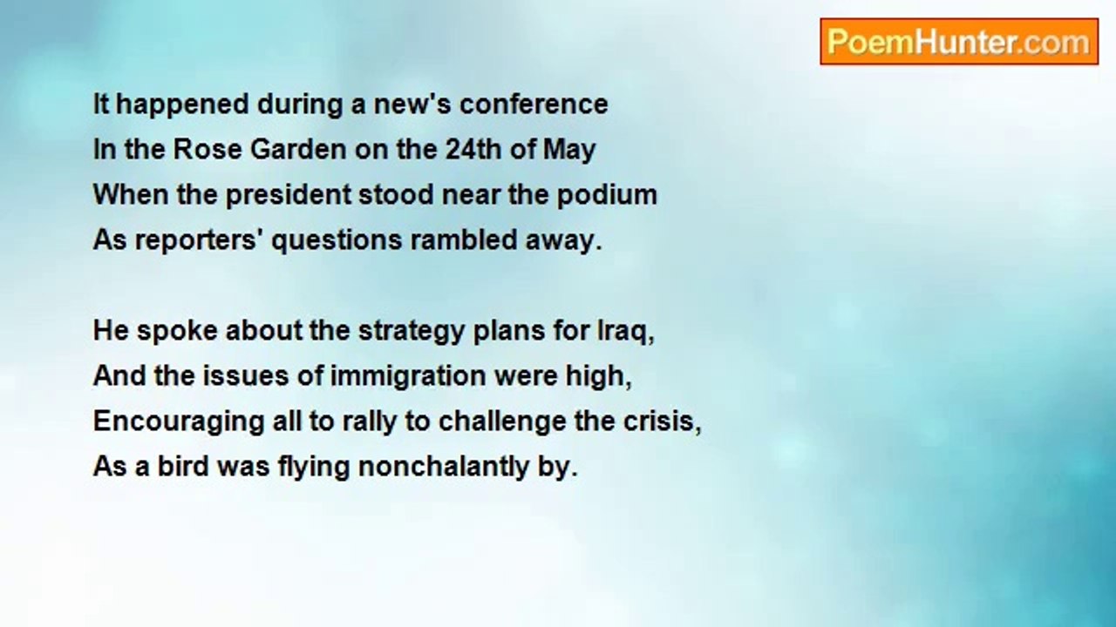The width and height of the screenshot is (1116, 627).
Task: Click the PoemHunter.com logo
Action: tap(959, 42)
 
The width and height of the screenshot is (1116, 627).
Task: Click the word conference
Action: tap(534, 104)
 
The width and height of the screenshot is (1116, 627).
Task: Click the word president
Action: tap(288, 194)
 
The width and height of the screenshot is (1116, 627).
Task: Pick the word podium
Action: tap(607, 194)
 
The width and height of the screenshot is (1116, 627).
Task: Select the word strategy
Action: tap(412, 332)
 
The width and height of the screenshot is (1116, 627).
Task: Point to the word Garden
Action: tap(298, 149)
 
